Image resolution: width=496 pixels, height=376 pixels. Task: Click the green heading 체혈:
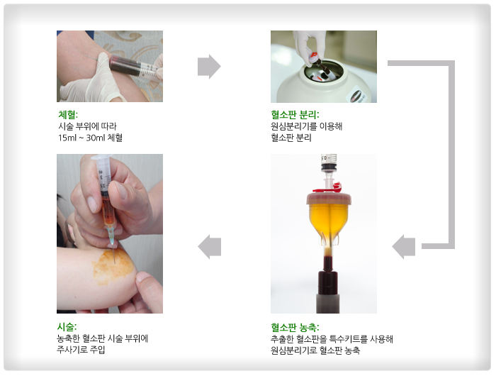[68, 114]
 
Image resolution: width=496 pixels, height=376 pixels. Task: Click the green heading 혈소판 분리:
[295, 114]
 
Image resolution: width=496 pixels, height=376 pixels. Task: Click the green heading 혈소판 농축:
[295, 327]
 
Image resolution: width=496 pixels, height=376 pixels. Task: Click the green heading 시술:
[68, 327]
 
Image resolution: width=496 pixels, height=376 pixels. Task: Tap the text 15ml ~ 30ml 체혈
[90, 138]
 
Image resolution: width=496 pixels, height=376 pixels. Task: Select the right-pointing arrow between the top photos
[209, 67]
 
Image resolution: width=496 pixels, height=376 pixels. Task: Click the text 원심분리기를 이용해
[307, 126]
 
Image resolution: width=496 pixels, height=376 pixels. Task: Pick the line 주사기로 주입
[81, 350]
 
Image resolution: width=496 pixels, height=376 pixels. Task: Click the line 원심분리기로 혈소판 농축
[315, 350]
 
